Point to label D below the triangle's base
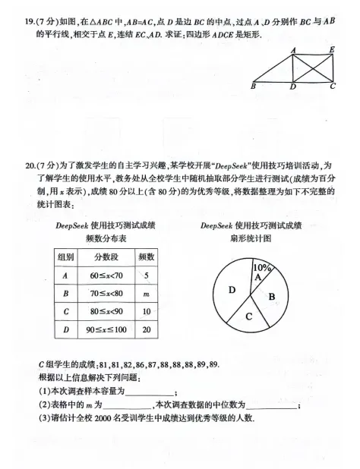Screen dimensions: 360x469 click(x=293, y=87)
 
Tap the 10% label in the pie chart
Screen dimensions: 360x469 click(x=263, y=267)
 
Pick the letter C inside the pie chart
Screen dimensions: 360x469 click(x=248, y=316)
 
